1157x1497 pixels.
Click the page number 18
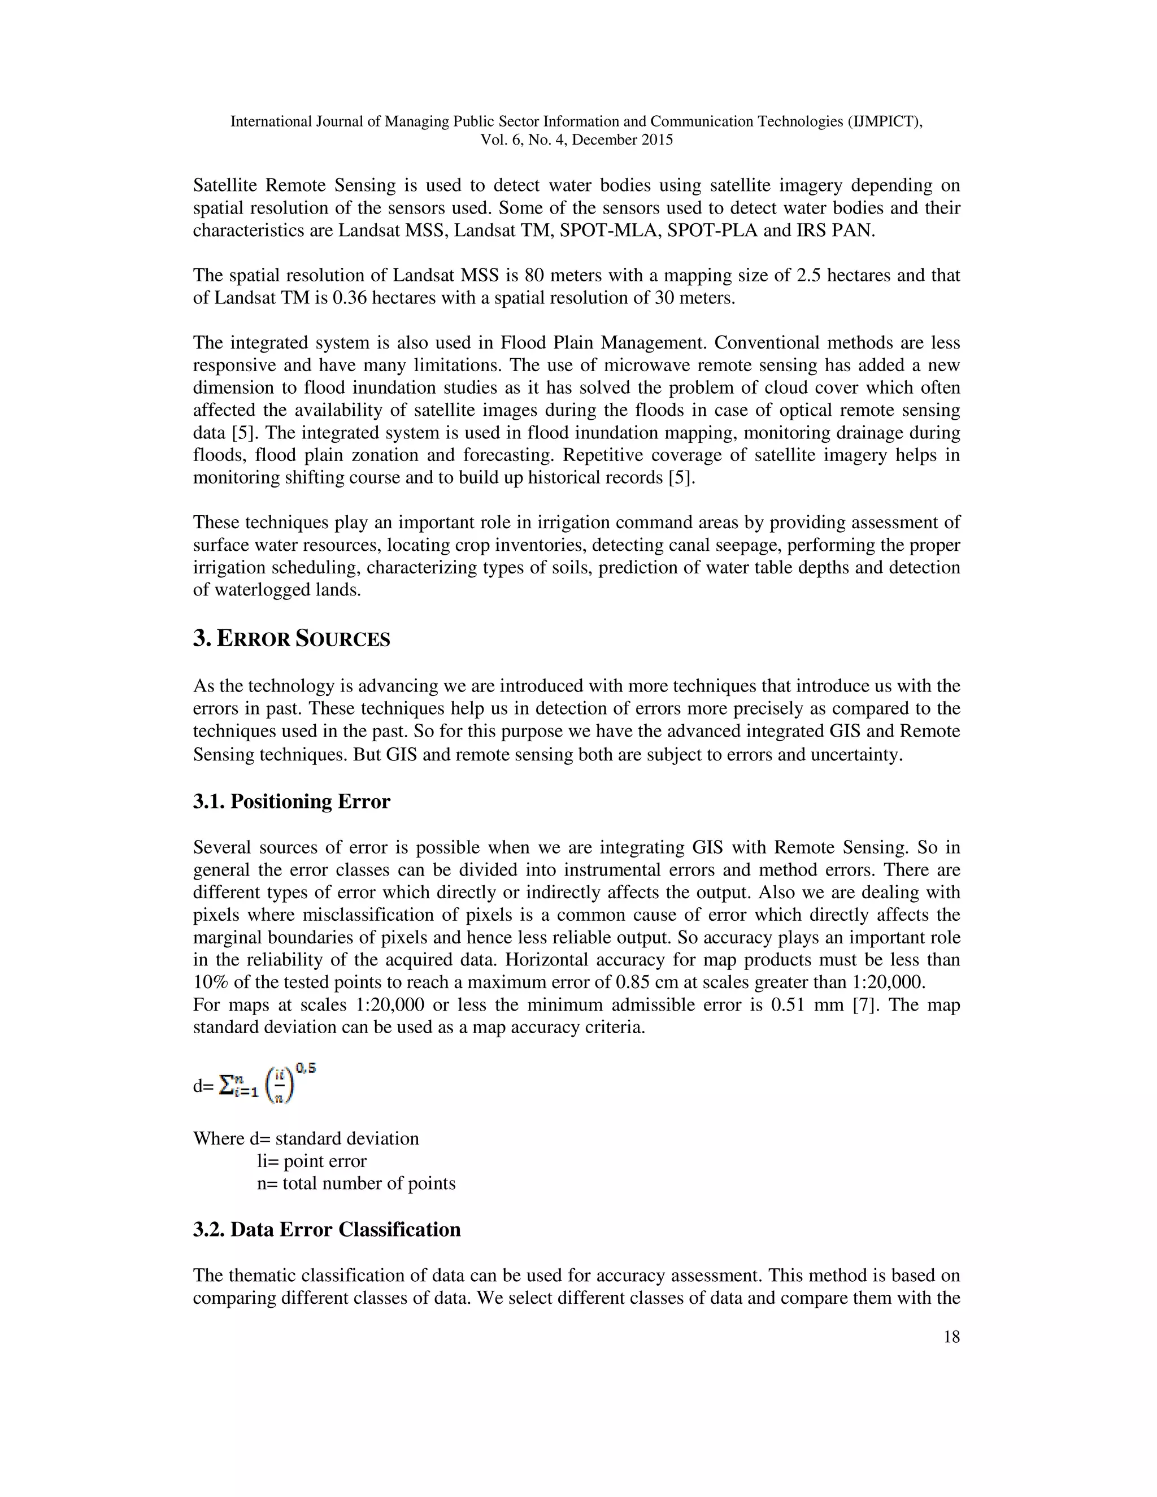pyautogui.click(x=951, y=1337)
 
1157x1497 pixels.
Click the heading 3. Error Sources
pyautogui.click(x=292, y=639)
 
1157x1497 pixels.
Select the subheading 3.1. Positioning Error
pyautogui.click(x=292, y=801)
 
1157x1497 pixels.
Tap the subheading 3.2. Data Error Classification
pyautogui.click(x=327, y=1229)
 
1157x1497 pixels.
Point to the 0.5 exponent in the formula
pyautogui.click(x=306, y=1068)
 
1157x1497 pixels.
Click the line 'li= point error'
pyautogui.click(x=312, y=1161)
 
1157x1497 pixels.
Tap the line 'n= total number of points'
pyautogui.click(x=356, y=1183)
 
